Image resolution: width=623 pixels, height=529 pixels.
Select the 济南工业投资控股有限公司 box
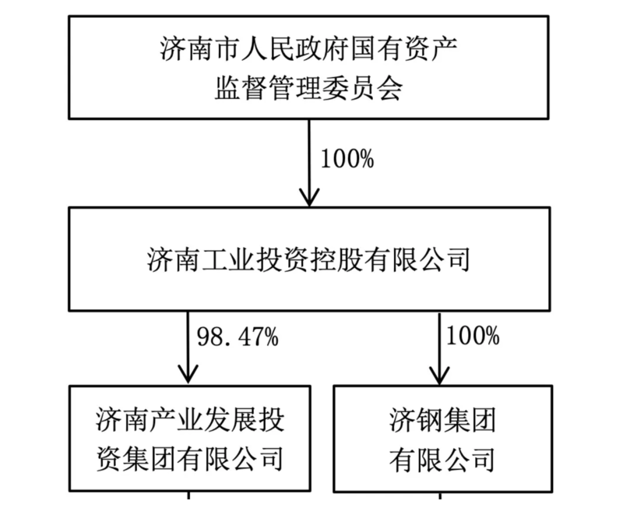(309, 259)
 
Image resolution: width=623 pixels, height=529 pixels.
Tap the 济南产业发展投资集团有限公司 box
(188, 439)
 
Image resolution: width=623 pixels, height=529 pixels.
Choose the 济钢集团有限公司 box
(442, 439)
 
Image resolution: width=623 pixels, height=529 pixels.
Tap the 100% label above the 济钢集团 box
(472, 337)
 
